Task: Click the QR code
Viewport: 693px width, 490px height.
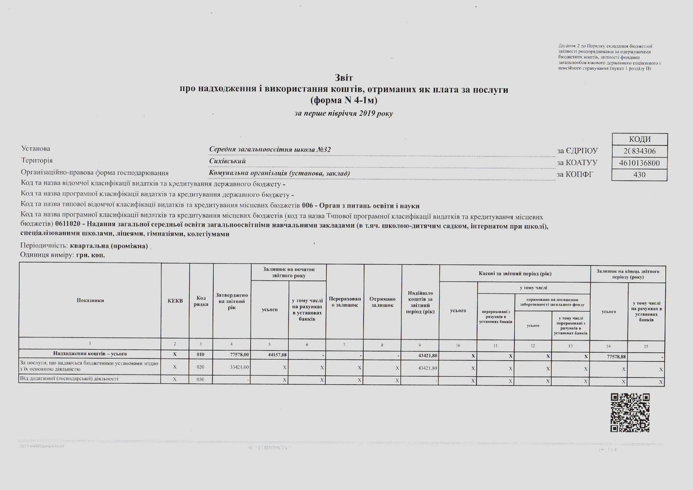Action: (x=631, y=412)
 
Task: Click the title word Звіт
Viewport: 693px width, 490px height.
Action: (x=344, y=77)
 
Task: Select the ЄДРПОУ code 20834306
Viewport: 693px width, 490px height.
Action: (x=639, y=151)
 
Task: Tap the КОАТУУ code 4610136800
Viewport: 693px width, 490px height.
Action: (x=639, y=162)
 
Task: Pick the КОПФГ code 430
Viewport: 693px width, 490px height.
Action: (x=639, y=173)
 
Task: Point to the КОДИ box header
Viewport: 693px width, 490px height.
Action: (x=639, y=140)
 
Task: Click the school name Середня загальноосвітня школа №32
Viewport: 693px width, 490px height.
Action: (x=270, y=150)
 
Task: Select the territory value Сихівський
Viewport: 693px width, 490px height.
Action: (x=228, y=161)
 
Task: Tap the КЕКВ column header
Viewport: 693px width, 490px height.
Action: (x=175, y=301)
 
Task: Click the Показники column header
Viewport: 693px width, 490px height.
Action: (x=90, y=300)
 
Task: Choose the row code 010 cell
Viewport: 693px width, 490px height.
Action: (x=200, y=354)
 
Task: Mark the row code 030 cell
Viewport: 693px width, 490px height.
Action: (x=200, y=379)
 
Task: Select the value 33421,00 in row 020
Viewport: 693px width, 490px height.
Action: (x=238, y=367)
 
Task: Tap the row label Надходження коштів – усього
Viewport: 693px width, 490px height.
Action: (x=90, y=353)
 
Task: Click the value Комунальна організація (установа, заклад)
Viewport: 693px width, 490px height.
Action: (x=280, y=173)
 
